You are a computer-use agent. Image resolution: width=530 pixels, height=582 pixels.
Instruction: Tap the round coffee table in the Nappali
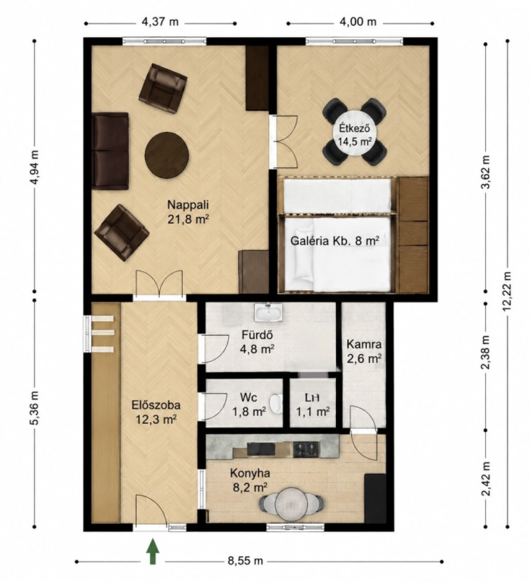pos(167,154)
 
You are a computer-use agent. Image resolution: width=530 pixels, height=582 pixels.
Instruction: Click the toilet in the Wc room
pos(275,404)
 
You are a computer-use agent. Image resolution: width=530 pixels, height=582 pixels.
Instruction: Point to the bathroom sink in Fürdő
pos(268,312)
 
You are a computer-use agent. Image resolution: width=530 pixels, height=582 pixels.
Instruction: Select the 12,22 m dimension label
pos(508,290)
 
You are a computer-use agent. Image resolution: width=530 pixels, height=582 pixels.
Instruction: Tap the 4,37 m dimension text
pos(160,22)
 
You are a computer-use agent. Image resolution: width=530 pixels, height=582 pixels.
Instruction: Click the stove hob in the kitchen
pos(306,450)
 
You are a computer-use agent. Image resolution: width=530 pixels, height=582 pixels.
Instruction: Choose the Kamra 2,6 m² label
pos(364,351)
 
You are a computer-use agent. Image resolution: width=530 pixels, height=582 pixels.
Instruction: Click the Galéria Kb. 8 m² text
pos(335,241)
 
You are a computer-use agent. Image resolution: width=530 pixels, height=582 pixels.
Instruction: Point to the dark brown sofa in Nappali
pos(110,151)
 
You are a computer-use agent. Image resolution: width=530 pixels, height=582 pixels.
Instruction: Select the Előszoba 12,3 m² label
pos(156,412)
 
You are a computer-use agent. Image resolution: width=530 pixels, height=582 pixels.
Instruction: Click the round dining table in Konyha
pos(291,503)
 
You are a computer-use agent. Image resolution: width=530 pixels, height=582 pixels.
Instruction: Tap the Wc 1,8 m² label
pos(249,404)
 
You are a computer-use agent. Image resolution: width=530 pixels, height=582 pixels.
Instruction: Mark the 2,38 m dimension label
pos(485,353)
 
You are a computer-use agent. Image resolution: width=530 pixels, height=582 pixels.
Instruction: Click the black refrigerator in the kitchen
pos(374,498)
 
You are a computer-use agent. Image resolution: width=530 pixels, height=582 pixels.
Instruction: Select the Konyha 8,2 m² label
pos(250,480)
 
